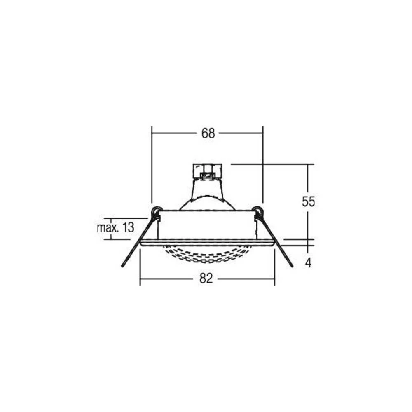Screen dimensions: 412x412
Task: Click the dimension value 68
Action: pos(208,133)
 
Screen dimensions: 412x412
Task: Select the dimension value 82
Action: pos(206,279)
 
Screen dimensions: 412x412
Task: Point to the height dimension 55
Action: pos(308,201)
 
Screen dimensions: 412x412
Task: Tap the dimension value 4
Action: pos(308,263)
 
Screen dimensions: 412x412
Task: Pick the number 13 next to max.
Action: pos(128,228)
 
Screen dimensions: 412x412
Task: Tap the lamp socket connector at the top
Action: pos(208,171)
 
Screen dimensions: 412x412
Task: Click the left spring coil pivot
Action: pos(156,212)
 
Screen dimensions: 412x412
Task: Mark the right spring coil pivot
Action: pos(258,212)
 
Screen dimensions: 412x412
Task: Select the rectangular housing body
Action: pos(207,225)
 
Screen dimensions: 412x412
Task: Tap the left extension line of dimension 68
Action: pos(152,165)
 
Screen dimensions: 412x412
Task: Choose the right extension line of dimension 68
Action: pos(263,165)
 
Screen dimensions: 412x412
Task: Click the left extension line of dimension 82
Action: pos(140,268)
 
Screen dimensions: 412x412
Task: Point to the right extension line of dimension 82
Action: pos(274,268)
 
